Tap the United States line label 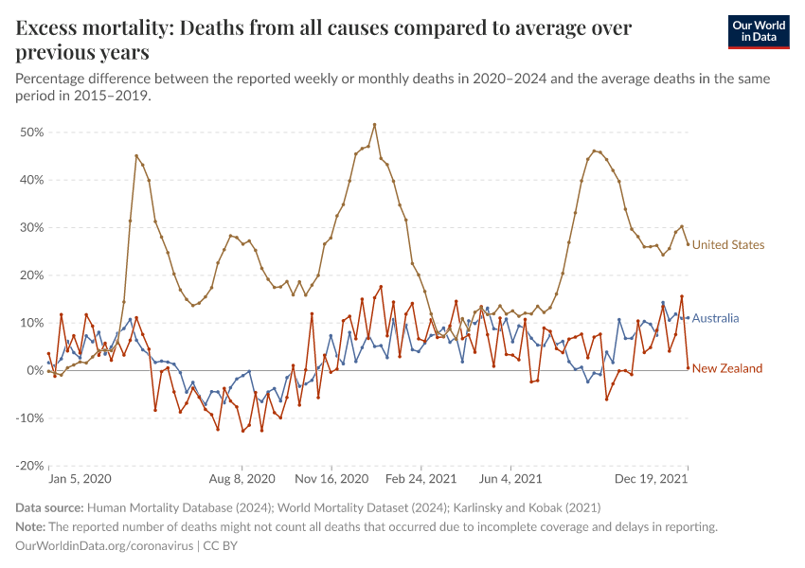point(727,245)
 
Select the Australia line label point(715,318)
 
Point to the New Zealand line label point(727,368)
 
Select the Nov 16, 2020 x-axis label point(332,480)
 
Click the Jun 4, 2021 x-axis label point(510,480)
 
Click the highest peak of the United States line point(375,124)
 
